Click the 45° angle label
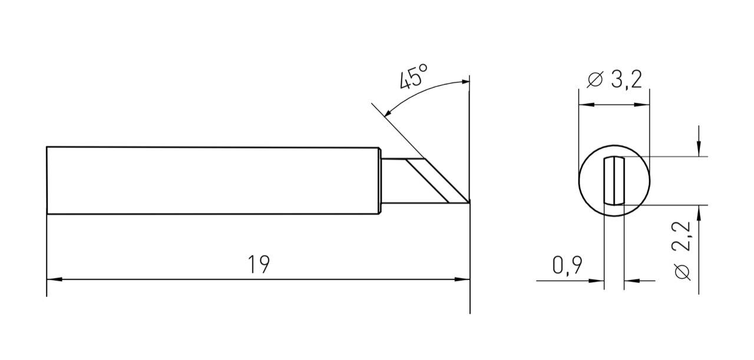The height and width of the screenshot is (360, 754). click(x=414, y=77)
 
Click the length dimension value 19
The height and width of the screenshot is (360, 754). click(x=259, y=265)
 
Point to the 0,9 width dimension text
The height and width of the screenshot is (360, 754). click(x=568, y=266)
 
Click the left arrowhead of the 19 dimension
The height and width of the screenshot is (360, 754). click(x=54, y=279)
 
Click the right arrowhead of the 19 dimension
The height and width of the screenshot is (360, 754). click(x=463, y=279)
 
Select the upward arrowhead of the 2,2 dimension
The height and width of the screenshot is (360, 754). click(x=699, y=212)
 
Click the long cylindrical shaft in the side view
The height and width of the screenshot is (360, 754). click(x=212, y=180)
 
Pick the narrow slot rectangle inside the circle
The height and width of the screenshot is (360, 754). click(x=614, y=180)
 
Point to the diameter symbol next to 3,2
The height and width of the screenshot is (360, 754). click(x=596, y=80)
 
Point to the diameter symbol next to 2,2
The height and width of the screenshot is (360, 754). click(x=683, y=272)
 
